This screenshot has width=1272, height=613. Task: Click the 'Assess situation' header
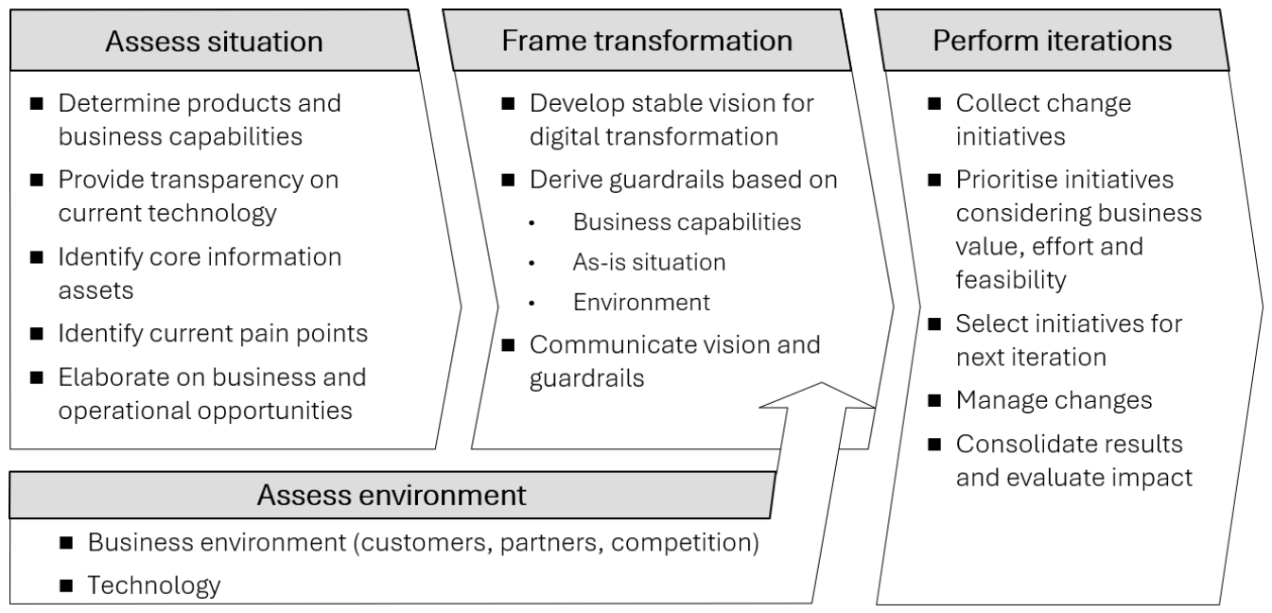214,42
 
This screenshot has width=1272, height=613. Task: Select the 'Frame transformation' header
647,41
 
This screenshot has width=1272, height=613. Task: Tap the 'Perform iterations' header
1053,41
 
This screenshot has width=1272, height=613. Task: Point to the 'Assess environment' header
392,495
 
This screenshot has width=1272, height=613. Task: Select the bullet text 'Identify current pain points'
213,334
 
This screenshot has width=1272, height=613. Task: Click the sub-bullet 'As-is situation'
649,262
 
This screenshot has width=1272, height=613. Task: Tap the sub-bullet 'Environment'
642,302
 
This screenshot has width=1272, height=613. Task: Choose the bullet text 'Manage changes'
1054,400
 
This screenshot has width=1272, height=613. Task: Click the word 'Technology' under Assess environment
153,586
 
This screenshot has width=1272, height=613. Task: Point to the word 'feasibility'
1011,280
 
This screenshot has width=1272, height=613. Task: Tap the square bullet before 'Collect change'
934,103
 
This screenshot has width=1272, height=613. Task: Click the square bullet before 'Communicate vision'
508,345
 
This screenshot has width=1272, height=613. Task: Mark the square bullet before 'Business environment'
66,543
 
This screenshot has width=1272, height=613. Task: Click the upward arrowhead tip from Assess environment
821,383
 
